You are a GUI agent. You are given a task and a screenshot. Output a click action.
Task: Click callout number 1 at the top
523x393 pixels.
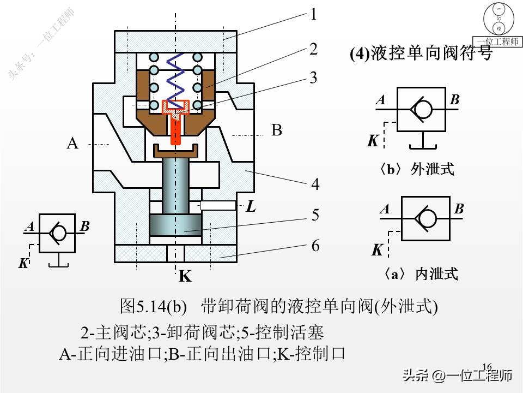pyautogui.click(x=313, y=15)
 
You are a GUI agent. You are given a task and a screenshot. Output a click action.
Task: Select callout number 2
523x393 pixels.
pyautogui.click(x=313, y=49)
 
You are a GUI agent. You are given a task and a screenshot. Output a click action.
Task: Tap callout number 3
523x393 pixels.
pyautogui.click(x=313, y=78)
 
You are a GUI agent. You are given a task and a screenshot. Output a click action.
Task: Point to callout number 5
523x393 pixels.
pyautogui.click(x=315, y=216)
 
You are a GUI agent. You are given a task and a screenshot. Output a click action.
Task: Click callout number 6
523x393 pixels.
pyautogui.click(x=315, y=246)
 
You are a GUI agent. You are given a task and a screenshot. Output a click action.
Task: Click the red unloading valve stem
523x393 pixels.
pyautogui.click(x=175, y=131)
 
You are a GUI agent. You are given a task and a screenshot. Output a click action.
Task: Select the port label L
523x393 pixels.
pyautogui.click(x=251, y=207)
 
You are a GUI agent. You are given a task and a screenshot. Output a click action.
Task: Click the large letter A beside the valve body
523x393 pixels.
pyautogui.click(x=72, y=144)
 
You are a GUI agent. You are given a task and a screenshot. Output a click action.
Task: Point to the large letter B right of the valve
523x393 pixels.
pyautogui.click(x=277, y=130)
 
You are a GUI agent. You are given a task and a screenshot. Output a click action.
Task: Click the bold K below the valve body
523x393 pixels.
pyautogui.click(x=185, y=277)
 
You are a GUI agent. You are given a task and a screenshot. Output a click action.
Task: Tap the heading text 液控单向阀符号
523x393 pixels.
pyautogui.click(x=430, y=53)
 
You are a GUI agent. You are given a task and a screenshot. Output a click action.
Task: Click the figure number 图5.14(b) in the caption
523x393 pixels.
pyautogui.click(x=154, y=306)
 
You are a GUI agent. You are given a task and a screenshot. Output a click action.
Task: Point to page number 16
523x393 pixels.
pyautogui.click(x=487, y=366)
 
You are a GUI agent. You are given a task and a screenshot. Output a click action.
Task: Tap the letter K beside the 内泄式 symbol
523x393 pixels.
pyautogui.click(x=377, y=251)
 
